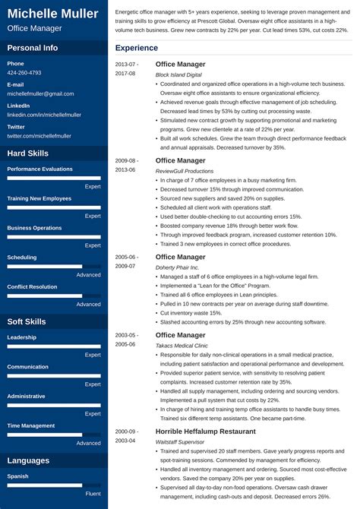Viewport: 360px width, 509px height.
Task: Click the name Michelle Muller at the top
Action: coord(53,14)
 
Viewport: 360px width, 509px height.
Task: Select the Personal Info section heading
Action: coord(33,47)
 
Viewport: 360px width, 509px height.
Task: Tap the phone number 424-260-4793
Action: coord(24,73)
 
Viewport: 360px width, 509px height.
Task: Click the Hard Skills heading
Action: coord(28,153)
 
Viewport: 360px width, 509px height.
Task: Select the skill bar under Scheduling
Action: coord(54,267)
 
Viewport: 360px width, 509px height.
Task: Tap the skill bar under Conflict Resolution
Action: coord(54,296)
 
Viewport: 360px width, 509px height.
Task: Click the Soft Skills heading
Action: coord(27,321)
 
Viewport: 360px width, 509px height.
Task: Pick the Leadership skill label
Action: coord(22,337)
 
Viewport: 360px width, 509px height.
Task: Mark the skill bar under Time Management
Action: coord(54,435)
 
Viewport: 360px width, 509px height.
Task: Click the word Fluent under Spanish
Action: coord(93,494)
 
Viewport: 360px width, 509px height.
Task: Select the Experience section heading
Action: coord(137,48)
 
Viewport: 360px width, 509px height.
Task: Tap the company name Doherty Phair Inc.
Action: coord(177,267)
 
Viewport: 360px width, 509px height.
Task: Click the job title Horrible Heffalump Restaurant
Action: coord(205,432)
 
